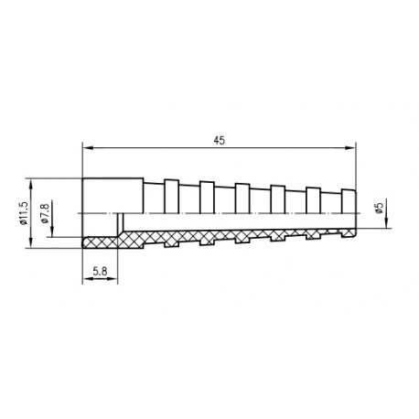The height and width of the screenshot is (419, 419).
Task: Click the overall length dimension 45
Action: [x=219, y=140]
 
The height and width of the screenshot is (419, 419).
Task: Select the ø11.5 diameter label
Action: [x=23, y=213]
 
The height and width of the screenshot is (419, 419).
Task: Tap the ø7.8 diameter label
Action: [x=45, y=213]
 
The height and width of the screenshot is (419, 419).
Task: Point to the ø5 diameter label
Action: [x=380, y=208]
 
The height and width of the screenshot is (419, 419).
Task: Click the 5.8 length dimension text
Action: [x=100, y=271]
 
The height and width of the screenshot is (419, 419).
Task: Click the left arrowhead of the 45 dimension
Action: [x=88, y=147]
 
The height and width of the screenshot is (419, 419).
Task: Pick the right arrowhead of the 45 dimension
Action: [x=350, y=147]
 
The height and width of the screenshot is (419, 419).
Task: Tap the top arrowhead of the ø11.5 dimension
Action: [x=30, y=183]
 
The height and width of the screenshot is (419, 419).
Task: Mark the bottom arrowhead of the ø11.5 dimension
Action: [x=30, y=243]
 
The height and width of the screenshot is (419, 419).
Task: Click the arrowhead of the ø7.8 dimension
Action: [x=52, y=232]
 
